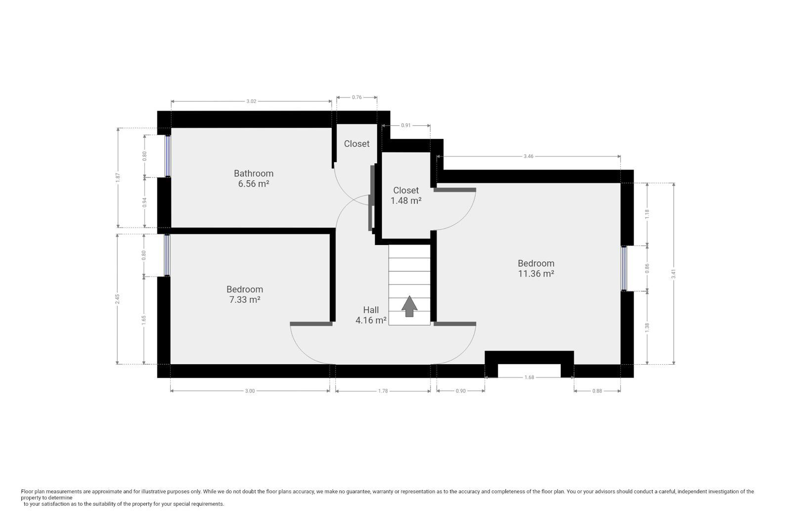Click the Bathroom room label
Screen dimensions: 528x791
click(x=253, y=173)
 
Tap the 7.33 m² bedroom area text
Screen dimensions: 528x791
click(x=244, y=300)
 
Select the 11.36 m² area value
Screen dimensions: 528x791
click(x=535, y=274)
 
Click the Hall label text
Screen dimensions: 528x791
click(x=371, y=310)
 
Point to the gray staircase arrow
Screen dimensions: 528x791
click(x=409, y=306)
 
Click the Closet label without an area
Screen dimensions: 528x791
click(x=356, y=144)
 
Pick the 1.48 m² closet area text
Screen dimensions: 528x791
click(x=406, y=201)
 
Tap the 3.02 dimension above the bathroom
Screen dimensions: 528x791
click(x=251, y=101)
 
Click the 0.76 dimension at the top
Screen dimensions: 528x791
click(x=356, y=97)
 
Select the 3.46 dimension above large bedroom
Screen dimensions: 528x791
click(x=528, y=156)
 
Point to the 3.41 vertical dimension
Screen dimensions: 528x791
click(x=673, y=274)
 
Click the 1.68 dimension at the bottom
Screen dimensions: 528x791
click(x=529, y=378)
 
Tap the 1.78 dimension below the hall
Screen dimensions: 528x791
click(x=383, y=391)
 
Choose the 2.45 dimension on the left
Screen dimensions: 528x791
click(x=117, y=299)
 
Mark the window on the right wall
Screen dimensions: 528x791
click(x=624, y=268)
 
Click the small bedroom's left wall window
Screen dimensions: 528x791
click(x=167, y=255)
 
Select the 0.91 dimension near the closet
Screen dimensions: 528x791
click(x=405, y=126)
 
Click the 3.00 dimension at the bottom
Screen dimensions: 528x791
click(x=250, y=391)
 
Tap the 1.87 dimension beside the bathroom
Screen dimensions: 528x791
click(x=118, y=177)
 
